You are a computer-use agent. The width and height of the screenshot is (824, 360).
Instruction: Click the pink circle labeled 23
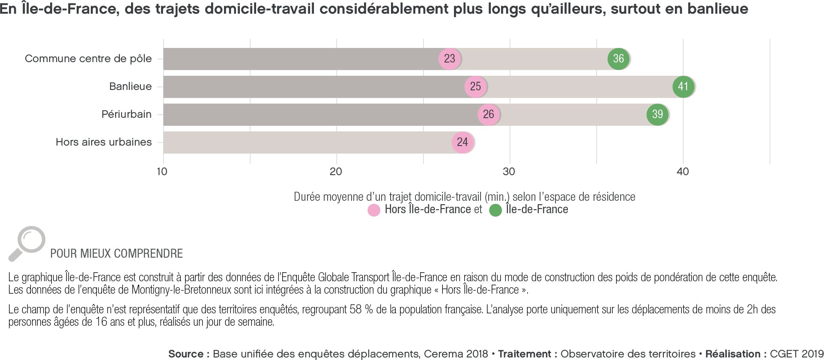(449, 59)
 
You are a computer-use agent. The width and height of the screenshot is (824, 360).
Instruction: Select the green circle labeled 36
(618, 59)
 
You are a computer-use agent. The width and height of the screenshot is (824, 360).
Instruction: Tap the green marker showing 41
(683, 86)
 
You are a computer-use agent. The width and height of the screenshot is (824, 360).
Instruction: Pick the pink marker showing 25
(475, 86)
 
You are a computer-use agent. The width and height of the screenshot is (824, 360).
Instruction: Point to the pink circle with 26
(488, 114)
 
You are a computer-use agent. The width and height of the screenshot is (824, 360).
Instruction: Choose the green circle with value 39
(657, 114)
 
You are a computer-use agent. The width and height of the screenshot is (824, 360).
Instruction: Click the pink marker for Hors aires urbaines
(463, 142)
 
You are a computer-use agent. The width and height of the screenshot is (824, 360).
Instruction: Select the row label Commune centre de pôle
(88, 59)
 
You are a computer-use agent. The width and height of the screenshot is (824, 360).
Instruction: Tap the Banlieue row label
(130, 86)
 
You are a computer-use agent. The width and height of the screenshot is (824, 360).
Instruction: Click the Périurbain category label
(126, 114)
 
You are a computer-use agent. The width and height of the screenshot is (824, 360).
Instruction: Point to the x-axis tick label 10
(162, 172)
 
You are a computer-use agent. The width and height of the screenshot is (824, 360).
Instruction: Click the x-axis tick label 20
(336, 172)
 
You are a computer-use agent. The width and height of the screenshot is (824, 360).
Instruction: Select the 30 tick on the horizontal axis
(509, 172)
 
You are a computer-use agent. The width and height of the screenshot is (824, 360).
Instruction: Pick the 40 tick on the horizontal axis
(683, 172)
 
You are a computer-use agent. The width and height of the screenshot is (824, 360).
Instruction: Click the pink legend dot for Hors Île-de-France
(374, 210)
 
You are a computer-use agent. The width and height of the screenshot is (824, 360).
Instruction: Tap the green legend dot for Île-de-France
(496, 210)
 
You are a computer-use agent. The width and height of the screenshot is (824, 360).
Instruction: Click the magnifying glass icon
(27, 243)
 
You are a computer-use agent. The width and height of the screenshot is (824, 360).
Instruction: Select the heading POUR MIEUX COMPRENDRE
(116, 253)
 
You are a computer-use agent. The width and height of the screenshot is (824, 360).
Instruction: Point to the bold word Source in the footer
(186, 354)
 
